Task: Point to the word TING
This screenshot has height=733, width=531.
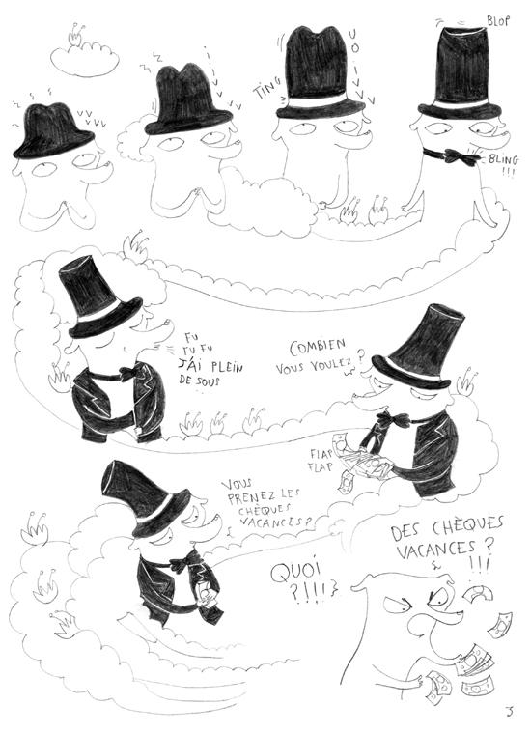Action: click(x=266, y=94)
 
